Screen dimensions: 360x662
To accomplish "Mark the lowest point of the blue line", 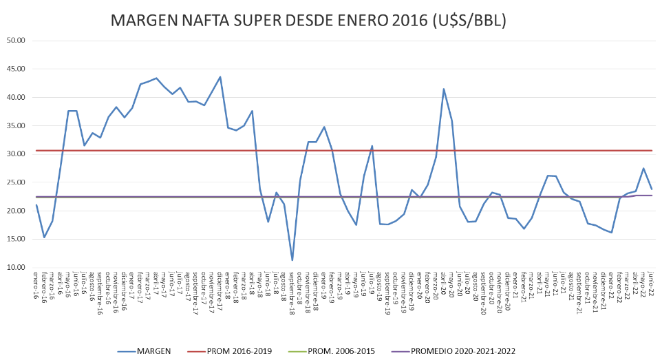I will click(x=292, y=260).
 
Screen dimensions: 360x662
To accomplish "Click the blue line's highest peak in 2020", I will click(x=444, y=89).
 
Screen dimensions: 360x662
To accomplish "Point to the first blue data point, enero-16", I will click(x=36, y=204).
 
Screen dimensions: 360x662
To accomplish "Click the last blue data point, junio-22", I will click(x=651, y=189).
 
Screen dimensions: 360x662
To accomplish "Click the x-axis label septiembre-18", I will click(x=292, y=292).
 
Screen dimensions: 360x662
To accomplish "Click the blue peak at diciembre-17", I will click(x=220, y=77).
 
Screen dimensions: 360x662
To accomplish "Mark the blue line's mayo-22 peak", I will click(x=643, y=169).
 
